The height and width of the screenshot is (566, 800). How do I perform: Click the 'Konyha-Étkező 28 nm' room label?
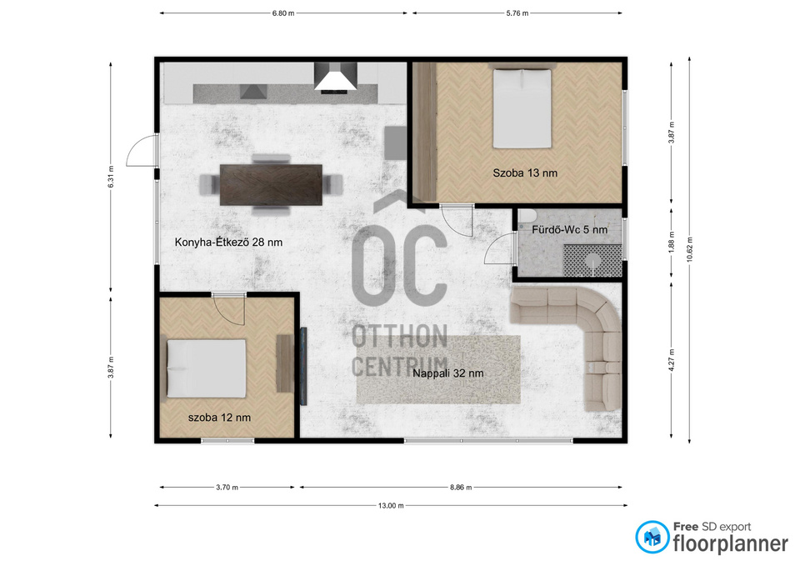228,243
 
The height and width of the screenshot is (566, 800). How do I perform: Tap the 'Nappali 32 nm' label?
448,373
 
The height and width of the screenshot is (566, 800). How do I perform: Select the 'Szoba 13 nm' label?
525,173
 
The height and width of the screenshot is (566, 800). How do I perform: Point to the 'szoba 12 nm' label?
219,418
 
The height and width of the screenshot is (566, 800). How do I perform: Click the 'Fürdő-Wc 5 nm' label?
569,230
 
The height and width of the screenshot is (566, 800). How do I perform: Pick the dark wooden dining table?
271,185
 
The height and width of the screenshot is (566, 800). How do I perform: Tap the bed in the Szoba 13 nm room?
522,108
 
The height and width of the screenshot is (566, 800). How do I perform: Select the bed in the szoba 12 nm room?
207,368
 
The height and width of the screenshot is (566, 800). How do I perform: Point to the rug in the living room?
438,369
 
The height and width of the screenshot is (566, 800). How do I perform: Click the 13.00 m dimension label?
391,506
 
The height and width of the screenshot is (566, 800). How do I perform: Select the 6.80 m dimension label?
283,13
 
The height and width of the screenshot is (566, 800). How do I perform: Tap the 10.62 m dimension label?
690,249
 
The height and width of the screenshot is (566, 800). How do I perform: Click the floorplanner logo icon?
652,537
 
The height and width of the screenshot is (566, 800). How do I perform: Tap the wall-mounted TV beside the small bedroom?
303,367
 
